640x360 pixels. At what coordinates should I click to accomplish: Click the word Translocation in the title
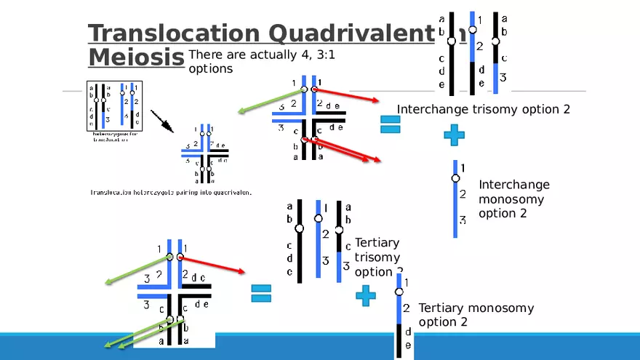(x=173, y=33)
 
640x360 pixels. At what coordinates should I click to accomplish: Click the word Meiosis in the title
(x=135, y=57)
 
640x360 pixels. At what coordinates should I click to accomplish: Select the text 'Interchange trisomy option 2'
(x=483, y=109)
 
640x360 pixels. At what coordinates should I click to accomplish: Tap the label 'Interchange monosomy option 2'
(x=513, y=199)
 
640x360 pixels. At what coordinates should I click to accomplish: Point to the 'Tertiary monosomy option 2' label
(x=476, y=315)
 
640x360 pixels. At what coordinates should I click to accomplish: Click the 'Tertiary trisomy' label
(x=377, y=250)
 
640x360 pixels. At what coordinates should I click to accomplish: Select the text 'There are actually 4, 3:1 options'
(x=261, y=62)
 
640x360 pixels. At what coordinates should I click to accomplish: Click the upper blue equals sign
(x=391, y=124)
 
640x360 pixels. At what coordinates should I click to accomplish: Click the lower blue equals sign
(x=261, y=292)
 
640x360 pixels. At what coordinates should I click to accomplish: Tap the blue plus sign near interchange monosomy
(x=454, y=134)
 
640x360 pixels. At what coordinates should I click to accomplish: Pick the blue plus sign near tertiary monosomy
(x=366, y=295)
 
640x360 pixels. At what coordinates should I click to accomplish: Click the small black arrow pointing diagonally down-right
(x=162, y=121)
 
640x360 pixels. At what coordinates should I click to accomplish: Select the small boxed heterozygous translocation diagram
(x=117, y=105)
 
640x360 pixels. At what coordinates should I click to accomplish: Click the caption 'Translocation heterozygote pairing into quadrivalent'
(x=170, y=193)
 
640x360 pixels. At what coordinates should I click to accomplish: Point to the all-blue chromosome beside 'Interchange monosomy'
(x=455, y=198)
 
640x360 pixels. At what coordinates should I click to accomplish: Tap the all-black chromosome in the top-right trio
(x=451, y=52)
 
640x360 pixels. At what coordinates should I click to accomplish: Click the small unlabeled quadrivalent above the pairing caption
(x=204, y=154)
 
